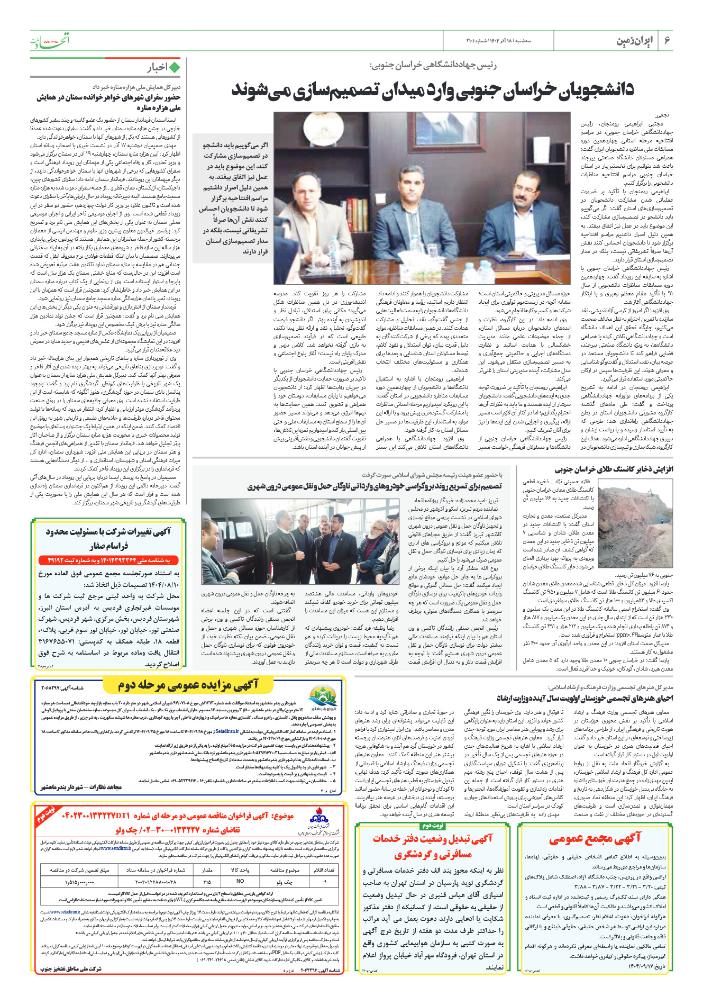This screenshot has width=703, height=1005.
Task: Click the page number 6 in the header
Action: [667, 41]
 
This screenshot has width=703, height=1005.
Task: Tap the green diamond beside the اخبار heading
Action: [174, 68]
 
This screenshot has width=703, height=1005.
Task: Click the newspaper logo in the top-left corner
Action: [50, 40]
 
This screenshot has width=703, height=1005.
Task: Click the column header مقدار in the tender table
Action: [207, 870]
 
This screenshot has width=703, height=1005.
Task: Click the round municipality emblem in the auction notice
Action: [323, 697]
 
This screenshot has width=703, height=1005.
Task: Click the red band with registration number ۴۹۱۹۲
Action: [108, 560]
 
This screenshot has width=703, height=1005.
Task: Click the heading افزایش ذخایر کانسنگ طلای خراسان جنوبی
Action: [614, 469]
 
